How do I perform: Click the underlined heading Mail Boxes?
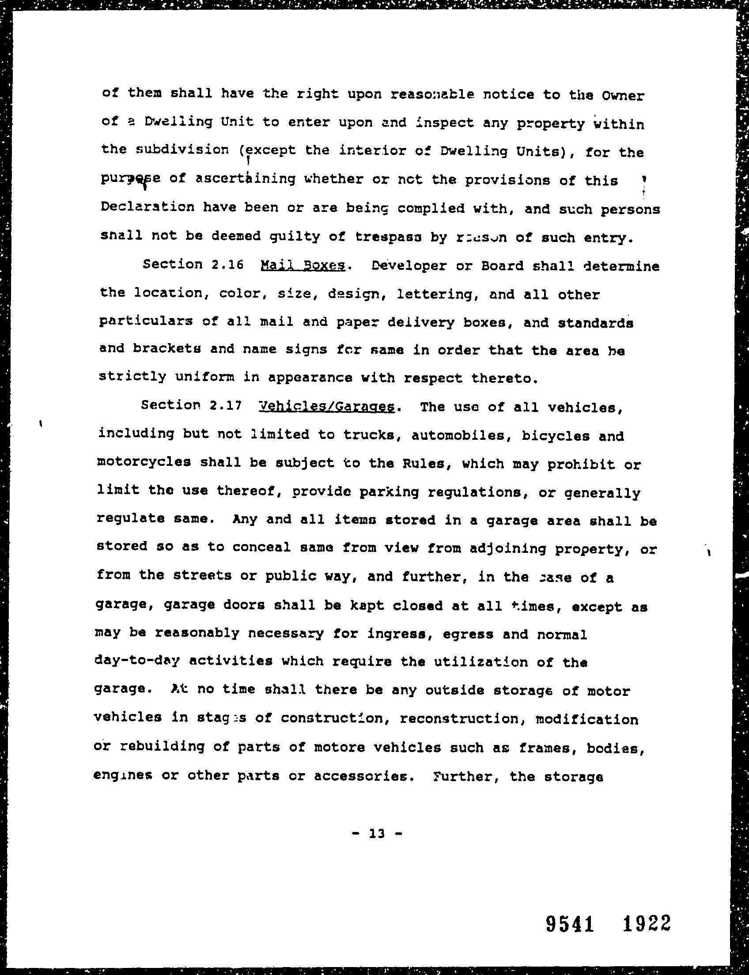pos(302,266)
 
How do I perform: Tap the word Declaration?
pos(148,208)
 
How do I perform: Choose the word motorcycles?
pos(144,463)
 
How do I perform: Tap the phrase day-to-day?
pos(137,661)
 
